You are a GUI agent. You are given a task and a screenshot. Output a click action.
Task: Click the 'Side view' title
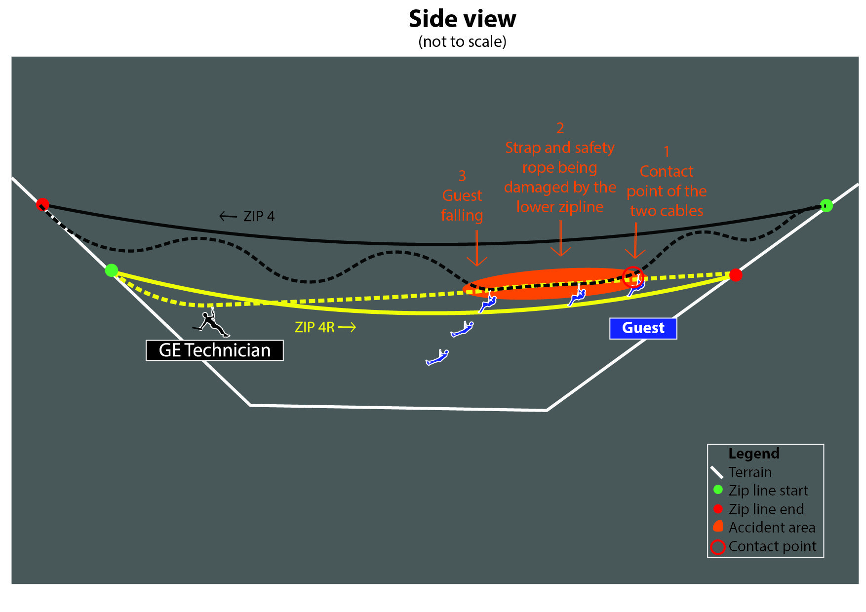click(462, 19)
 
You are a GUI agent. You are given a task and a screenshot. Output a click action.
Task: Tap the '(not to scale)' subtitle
click(462, 41)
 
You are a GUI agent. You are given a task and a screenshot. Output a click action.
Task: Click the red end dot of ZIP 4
click(43, 204)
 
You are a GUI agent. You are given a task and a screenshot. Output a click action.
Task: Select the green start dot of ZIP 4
click(826, 205)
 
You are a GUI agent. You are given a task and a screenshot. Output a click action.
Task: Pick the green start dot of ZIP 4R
click(112, 270)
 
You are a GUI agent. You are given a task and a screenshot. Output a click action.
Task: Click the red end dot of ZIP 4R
click(736, 275)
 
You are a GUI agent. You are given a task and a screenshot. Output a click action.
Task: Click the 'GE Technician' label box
click(214, 350)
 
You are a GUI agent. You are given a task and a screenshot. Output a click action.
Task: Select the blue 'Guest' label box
click(643, 328)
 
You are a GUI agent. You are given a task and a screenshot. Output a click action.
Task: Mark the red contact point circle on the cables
click(633, 277)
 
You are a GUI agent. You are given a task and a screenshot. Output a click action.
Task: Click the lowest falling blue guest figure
click(437, 357)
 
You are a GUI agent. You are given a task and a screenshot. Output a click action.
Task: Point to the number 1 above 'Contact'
click(667, 151)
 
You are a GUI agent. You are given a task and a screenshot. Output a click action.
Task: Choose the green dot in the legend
click(718, 490)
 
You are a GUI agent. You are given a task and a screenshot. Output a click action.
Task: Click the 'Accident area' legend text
click(772, 528)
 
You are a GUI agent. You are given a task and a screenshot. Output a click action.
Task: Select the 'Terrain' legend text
click(750, 472)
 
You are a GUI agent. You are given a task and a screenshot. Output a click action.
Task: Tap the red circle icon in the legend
click(717, 547)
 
